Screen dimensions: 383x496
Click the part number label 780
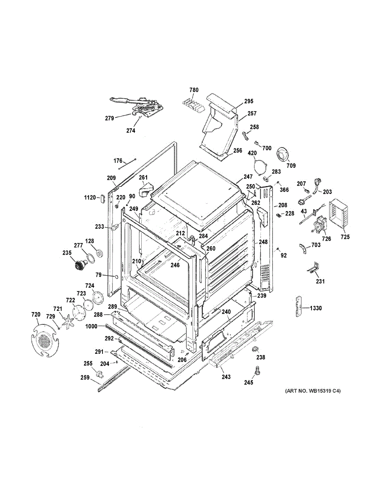click(x=194, y=90)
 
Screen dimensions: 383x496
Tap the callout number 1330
click(x=316, y=308)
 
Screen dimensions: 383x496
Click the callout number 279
click(x=109, y=119)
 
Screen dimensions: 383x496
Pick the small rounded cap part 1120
click(x=102, y=198)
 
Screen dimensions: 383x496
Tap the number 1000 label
click(x=91, y=326)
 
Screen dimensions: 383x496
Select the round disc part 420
click(x=262, y=167)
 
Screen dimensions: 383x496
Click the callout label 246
click(x=175, y=265)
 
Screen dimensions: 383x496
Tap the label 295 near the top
click(x=249, y=101)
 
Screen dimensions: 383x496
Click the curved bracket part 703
click(x=303, y=248)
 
